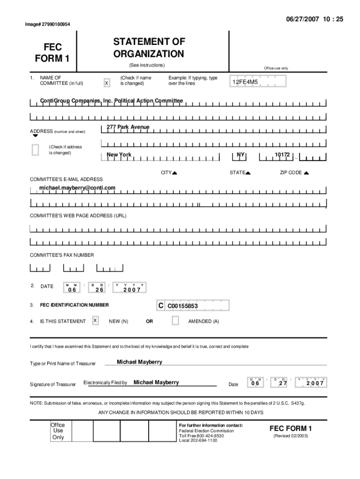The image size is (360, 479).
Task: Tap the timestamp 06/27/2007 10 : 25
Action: tap(314, 19)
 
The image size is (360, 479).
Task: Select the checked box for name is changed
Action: tap(107, 83)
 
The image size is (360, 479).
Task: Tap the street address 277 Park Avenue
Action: tap(128, 127)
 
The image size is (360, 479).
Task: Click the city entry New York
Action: tap(119, 155)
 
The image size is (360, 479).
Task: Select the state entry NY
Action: tap(241, 154)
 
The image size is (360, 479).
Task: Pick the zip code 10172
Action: tap(282, 154)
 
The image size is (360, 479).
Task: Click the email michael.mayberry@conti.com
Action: tap(77, 188)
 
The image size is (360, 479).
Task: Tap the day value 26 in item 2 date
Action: tap(99, 290)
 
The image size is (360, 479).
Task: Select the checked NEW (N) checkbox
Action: tap(95, 320)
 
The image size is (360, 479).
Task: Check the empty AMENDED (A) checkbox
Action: tap(175, 320)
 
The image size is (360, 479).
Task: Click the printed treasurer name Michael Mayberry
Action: tap(139, 362)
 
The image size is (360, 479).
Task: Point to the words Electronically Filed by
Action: tap(105, 383)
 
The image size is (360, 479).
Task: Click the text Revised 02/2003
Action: tap(290, 436)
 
